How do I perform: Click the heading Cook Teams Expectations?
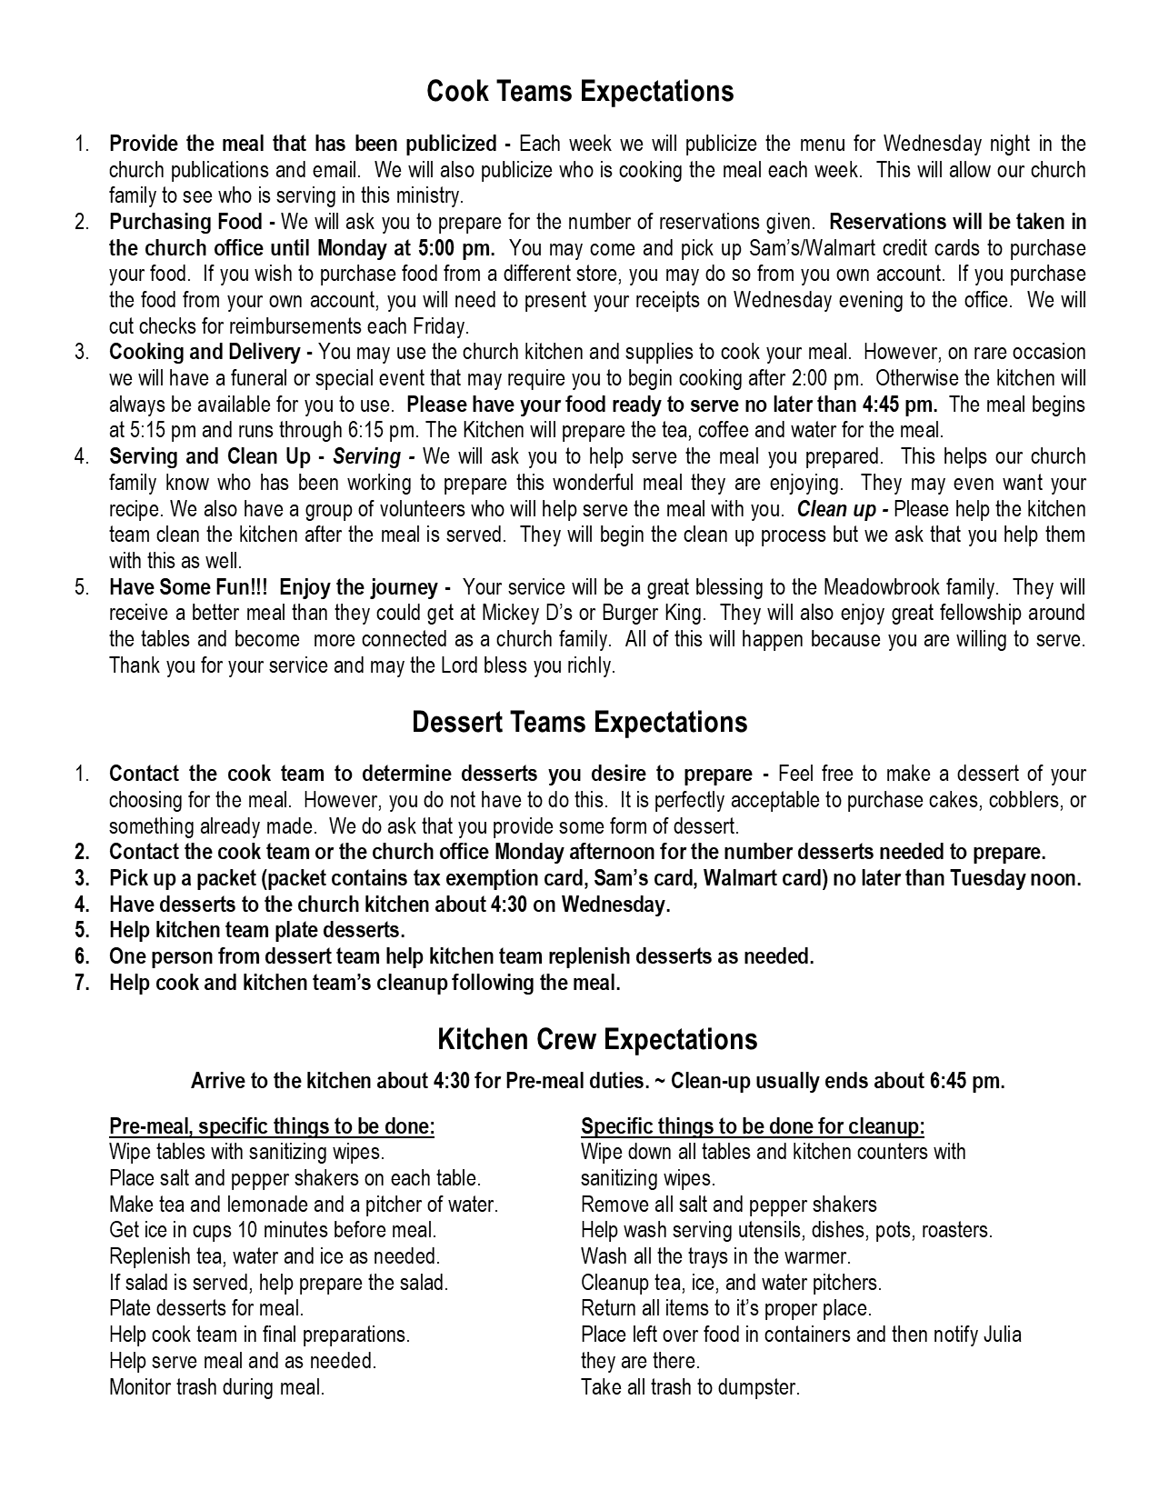pos(579,92)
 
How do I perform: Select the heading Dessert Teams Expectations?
pos(579,723)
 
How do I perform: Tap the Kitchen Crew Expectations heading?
pos(596,1040)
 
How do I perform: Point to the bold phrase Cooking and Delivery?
pos(205,352)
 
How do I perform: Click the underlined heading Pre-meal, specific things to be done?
pos(272,1126)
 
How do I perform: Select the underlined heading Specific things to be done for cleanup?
pos(753,1126)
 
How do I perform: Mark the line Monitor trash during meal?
pos(216,1387)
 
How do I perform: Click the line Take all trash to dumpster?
pos(690,1387)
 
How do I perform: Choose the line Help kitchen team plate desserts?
pos(256,930)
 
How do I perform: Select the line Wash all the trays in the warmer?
pos(715,1256)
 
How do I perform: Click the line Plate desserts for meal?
pos(206,1308)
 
